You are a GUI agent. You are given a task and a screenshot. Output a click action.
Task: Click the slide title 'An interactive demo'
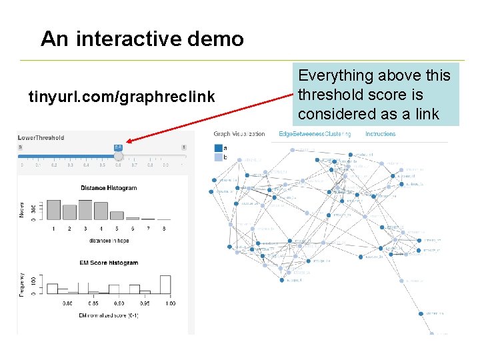[x=142, y=39]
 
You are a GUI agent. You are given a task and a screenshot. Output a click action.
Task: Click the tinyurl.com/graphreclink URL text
[x=122, y=97]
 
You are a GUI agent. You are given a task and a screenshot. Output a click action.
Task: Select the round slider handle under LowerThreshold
[x=118, y=156]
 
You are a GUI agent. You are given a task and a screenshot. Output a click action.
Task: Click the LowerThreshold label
[x=41, y=137]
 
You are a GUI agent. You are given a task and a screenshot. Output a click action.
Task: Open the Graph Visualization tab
[x=239, y=134]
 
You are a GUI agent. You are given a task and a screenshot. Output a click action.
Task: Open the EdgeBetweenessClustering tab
[x=315, y=134]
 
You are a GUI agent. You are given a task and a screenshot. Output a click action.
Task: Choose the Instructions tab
[x=380, y=134]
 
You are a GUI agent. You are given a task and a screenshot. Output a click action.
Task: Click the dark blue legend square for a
[x=218, y=149]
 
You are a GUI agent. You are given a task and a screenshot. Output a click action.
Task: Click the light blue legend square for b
[x=218, y=157]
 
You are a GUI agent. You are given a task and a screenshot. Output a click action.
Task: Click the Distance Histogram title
[x=109, y=188]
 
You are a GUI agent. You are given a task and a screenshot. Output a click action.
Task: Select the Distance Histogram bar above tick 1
[x=54, y=209]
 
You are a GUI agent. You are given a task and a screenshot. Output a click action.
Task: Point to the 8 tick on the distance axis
[x=164, y=229]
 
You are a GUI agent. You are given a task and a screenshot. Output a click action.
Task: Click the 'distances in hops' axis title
[x=109, y=240]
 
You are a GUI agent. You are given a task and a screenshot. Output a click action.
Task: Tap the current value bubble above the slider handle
[x=118, y=147]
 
